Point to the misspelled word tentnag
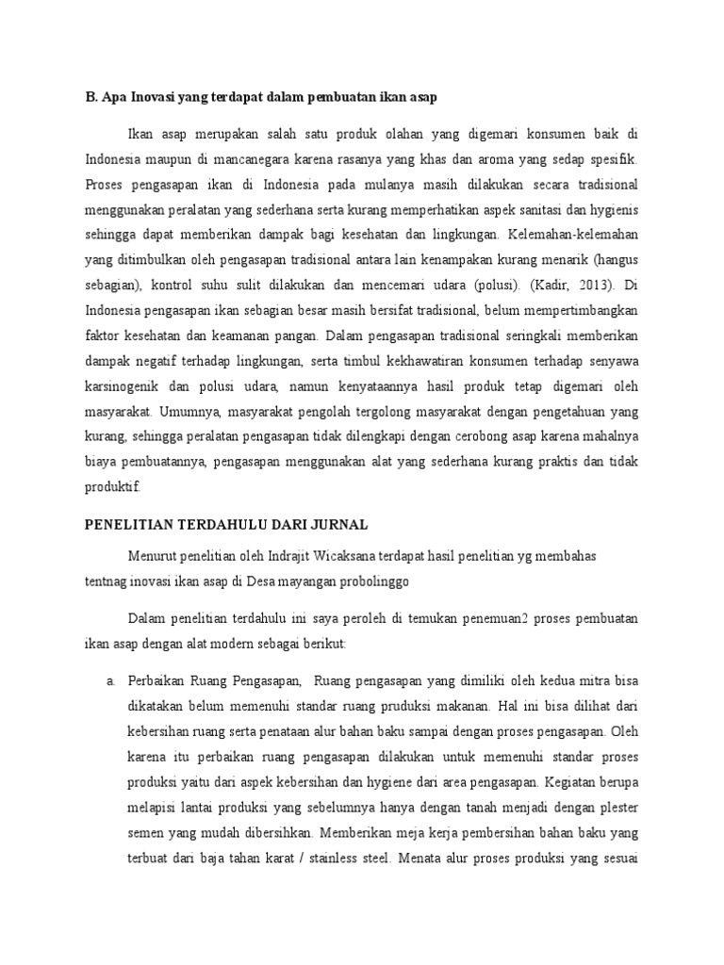click(x=103, y=581)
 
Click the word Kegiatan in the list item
click(x=576, y=781)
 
